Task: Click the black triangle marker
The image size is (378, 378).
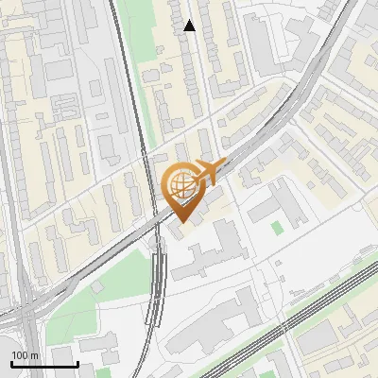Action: tap(190, 26)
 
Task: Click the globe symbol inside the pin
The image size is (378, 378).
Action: tap(180, 183)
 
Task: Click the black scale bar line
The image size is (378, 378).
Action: tap(44, 364)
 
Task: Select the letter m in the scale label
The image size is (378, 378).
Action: tap(34, 355)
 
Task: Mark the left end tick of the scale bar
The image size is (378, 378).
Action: tap(11, 363)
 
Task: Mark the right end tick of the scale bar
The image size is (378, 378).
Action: tap(77, 363)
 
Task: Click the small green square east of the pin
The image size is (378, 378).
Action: tap(276, 227)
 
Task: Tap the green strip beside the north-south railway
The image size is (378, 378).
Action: tap(150, 94)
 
